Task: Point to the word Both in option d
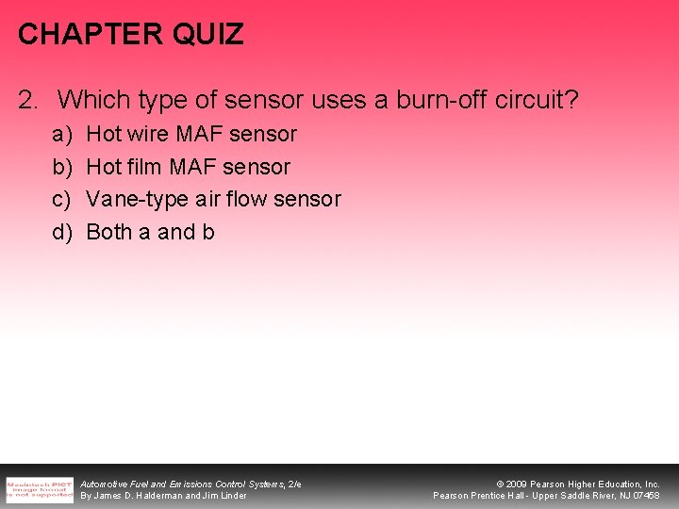coord(108,232)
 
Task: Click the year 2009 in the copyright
coord(518,484)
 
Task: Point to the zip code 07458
coord(645,496)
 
